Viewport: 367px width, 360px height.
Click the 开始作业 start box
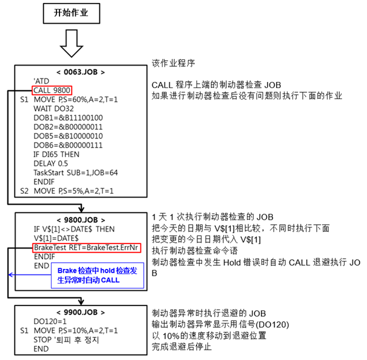click(72, 13)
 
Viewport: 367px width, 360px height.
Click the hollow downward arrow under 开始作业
click(72, 43)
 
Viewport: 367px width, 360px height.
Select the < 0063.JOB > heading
click(81, 72)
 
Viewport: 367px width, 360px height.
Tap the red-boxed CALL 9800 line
click(52, 90)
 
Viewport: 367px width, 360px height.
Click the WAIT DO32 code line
click(53, 109)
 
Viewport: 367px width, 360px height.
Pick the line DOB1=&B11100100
click(68, 118)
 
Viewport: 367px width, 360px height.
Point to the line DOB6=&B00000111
click(68, 145)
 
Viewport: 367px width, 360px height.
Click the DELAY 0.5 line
click(51, 163)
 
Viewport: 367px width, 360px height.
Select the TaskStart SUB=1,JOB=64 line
click(76, 172)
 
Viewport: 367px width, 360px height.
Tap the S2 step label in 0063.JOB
click(24, 191)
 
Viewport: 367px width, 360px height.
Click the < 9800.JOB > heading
click(81, 220)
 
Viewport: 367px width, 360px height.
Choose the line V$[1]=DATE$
click(56, 238)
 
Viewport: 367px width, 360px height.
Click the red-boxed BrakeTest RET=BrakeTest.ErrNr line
click(87, 248)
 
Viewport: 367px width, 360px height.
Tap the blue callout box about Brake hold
click(98, 275)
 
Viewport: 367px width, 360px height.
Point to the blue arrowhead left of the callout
click(10, 274)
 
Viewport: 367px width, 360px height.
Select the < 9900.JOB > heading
click(81, 312)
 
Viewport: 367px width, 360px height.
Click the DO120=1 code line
click(50, 321)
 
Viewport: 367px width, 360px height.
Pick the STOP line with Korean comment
click(66, 339)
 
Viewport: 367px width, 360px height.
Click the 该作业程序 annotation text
click(173, 63)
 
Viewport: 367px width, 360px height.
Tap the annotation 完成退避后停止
click(181, 347)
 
